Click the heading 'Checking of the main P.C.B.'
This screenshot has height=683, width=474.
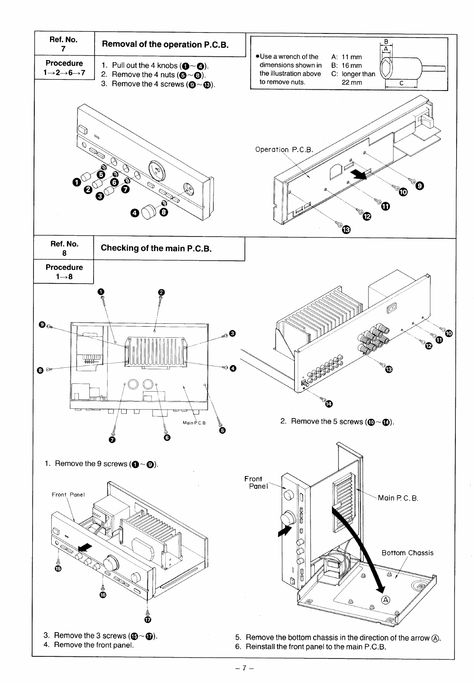[156, 248]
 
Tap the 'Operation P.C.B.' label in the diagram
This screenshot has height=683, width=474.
[284, 149]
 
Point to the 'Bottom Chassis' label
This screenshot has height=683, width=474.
[407, 553]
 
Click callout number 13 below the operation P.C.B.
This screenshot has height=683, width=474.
[346, 230]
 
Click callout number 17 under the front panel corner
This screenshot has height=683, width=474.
[147, 620]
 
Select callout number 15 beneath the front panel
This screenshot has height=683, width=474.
[58, 568]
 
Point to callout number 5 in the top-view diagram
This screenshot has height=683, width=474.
[222, 431]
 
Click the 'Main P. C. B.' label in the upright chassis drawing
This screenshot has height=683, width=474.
[398, 498]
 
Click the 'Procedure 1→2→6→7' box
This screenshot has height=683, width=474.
[64, 68]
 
